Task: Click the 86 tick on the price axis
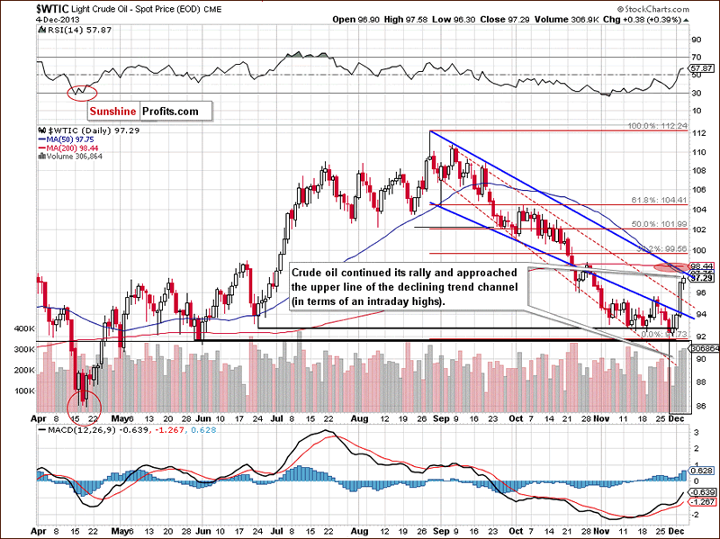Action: click(x=697, y=404)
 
